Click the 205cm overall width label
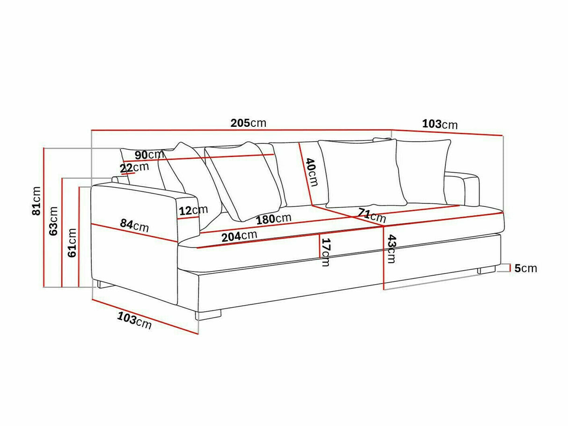pos(248,123)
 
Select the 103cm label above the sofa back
pos(439,124)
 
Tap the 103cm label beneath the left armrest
pos(134,321)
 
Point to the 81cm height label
pos(36,201)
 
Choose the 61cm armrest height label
pos(72,242)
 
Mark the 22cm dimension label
pos(134,167)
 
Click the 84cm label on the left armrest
pos(134,225)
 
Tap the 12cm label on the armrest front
pos(193,210)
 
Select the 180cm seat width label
pos(273,219)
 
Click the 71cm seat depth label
pos(371,215)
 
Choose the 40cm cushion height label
pos(312,172)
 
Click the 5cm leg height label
pos(525,269)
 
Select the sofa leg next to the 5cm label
pos(486,270)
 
